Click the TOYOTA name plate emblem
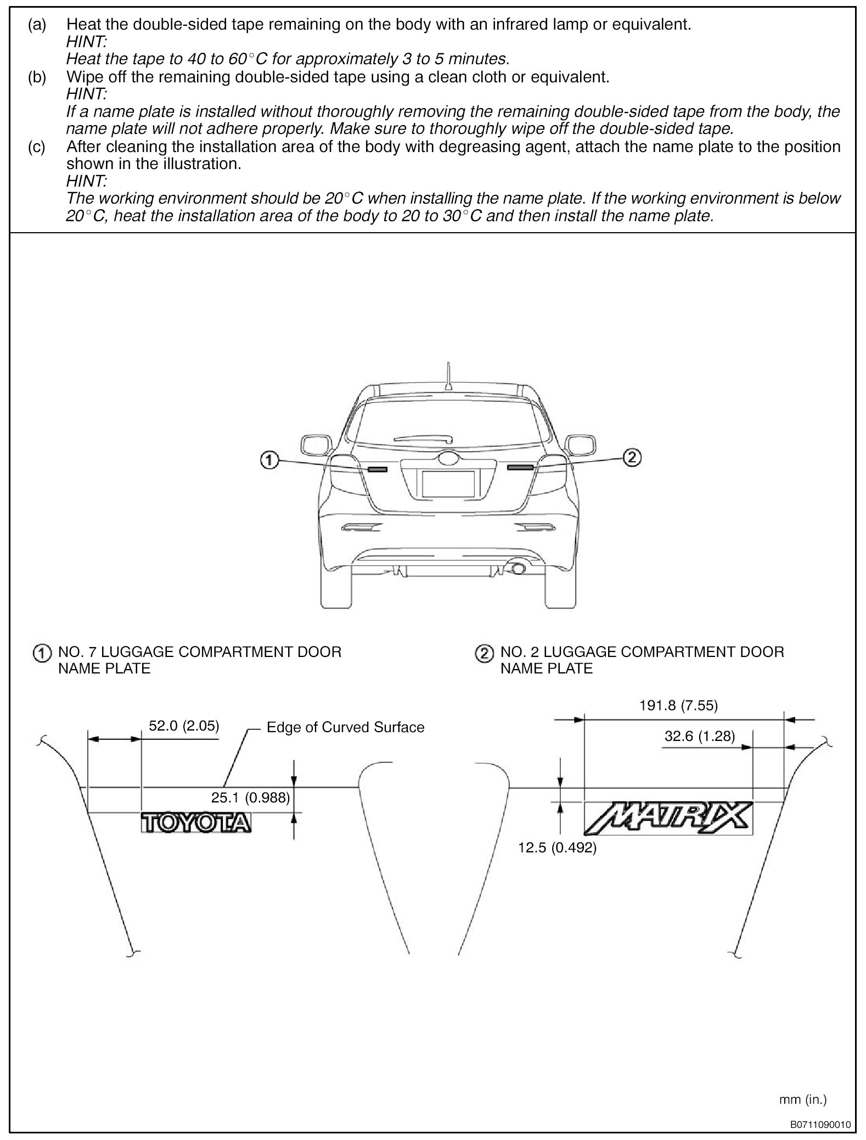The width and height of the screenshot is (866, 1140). [x=196, y=823]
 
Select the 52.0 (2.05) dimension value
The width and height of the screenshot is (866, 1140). [x=184, y=726]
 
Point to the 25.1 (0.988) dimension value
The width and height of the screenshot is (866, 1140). [x=250, y=798]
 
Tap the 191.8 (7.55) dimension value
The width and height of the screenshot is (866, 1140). [x=678, y=705]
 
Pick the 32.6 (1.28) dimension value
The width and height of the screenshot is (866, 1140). [x=699, y=736]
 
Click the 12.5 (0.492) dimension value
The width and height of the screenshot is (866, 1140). [x=557, y=847]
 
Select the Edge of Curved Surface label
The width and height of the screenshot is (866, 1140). [x=345, y=727]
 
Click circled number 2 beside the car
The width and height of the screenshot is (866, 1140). [x=632, y=457]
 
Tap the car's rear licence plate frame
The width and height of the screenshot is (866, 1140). [x=448, y=484]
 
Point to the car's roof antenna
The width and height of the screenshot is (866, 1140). [x=448, y=375]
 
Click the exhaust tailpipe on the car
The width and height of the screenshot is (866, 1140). [x=517, y=569]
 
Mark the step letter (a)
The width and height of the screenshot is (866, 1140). [x=37, y=25]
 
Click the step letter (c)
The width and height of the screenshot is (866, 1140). [x=37, y=147]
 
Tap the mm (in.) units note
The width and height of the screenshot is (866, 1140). [x=802, y=1083]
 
